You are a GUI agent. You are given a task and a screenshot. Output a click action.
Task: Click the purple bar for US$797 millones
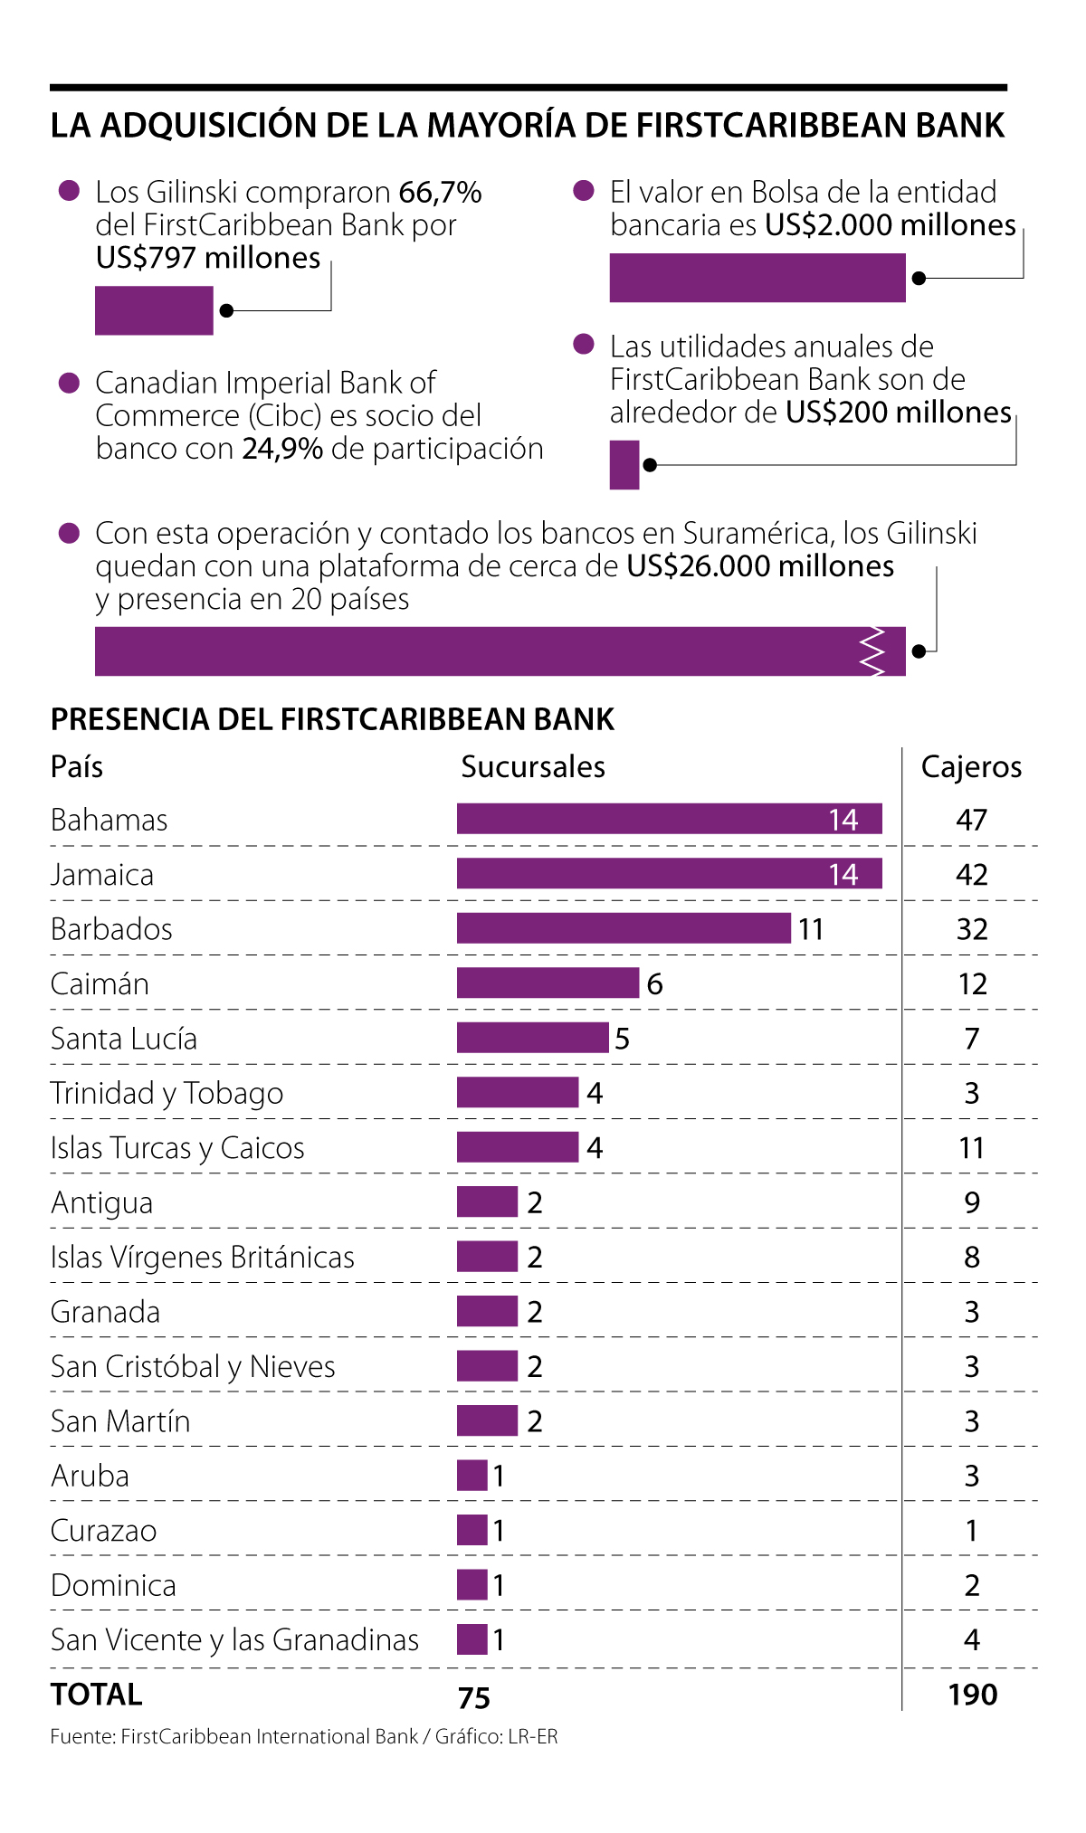154,310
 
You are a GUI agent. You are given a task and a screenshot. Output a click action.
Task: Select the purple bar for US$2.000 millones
757,278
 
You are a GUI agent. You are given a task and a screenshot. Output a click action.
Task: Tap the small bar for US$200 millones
624,465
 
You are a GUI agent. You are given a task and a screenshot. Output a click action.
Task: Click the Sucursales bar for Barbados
624,928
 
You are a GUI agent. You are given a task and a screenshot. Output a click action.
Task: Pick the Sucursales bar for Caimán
548,983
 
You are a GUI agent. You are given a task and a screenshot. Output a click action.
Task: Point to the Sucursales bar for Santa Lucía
532,1038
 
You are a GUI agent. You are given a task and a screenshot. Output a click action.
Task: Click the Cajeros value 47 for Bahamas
972,820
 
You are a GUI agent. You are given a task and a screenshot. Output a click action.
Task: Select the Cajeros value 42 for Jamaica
972,875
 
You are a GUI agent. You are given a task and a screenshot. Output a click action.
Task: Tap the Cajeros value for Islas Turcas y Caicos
972,1148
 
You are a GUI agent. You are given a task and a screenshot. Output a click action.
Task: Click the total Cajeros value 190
973,1695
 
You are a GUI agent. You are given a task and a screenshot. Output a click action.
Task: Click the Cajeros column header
971,767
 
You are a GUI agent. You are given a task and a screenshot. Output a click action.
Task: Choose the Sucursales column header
533,767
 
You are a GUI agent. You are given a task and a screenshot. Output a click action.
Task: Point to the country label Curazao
104,1531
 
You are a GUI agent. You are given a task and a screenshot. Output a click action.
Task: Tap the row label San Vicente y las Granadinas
234,1640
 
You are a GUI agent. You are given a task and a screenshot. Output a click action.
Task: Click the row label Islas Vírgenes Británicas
203,1258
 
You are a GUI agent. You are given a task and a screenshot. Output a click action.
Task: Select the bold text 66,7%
440,193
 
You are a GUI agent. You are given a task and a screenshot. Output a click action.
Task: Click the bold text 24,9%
282,449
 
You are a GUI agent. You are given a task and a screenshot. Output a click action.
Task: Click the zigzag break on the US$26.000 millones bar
872,651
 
